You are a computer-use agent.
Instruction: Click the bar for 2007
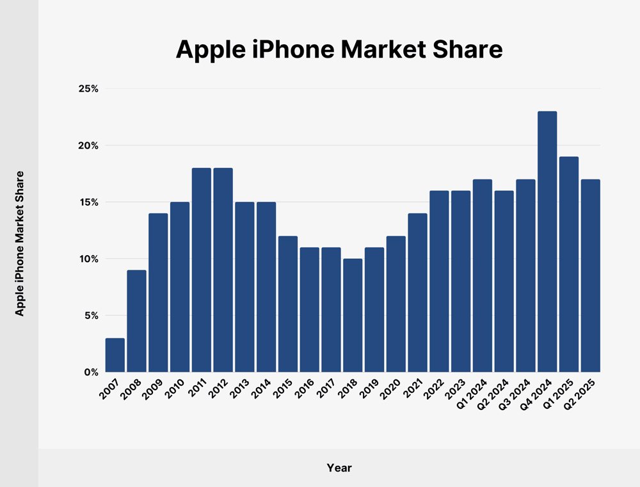(115, 355)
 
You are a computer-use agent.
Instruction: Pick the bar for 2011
(202, 270)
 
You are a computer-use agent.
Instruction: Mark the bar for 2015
(288, 304)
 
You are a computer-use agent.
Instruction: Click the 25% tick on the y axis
(88, 89)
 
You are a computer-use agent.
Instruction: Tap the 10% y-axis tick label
(88, 259)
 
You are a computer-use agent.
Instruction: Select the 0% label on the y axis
(90, 372)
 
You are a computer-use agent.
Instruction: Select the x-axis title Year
(339, 468)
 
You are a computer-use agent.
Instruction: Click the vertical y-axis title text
(20, 244)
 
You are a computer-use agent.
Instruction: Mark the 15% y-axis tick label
(88, 202)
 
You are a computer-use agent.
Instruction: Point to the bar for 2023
(461, 281)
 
